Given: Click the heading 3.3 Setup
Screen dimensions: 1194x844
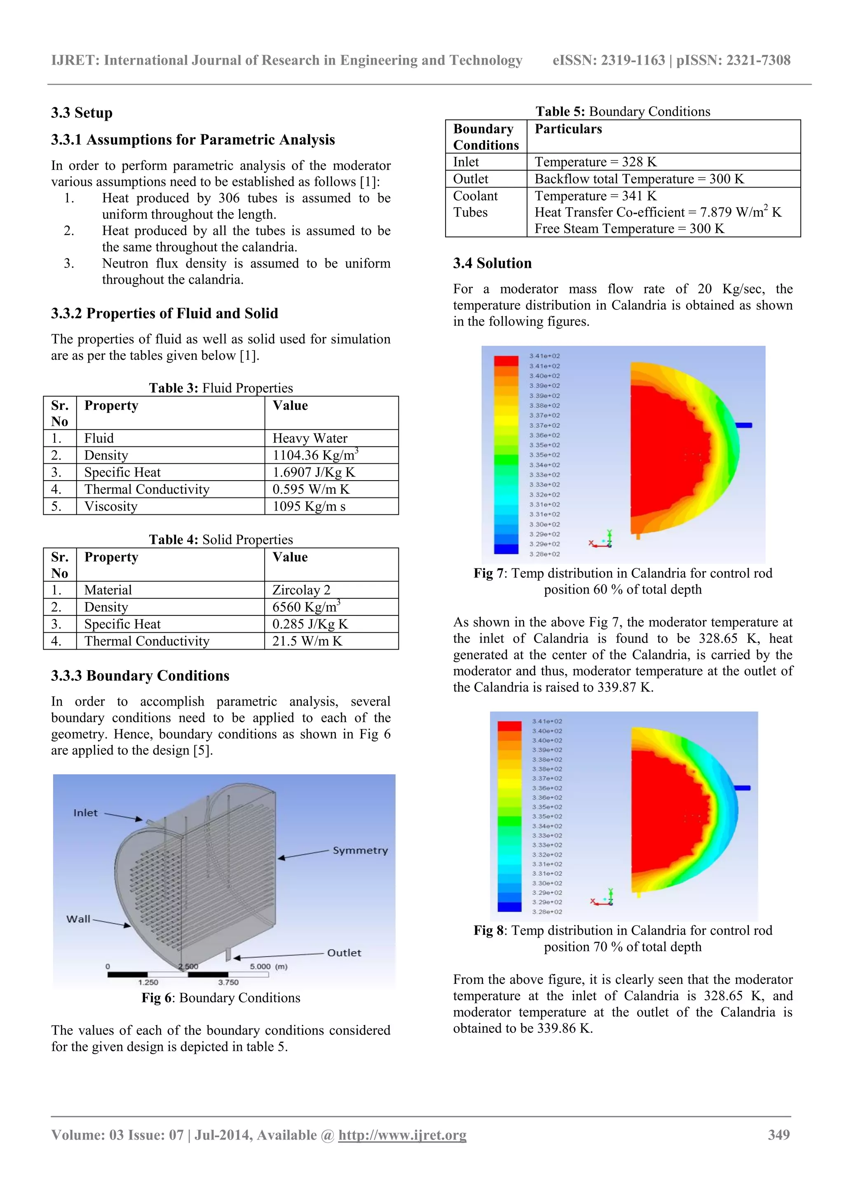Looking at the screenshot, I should pos(82,113).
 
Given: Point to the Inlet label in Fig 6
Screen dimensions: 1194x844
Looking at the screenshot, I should pos(85,813).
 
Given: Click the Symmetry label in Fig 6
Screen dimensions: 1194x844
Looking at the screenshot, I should pos(360,850).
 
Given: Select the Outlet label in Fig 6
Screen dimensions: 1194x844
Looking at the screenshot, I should pos(344,953).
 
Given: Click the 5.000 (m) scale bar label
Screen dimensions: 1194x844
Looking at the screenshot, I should pos(268,966).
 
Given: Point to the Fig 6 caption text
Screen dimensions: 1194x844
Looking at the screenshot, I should pos(221,997).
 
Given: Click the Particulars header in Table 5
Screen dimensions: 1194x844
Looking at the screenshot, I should pos(568,129).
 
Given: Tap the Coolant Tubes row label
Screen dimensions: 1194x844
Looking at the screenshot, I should pos(475,204).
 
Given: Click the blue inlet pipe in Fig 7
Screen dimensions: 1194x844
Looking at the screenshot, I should pos(743,425).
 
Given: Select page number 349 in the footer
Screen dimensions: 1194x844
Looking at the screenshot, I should pos(778,1135).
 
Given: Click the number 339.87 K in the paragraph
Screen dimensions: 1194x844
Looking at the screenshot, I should pos(624,687).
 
